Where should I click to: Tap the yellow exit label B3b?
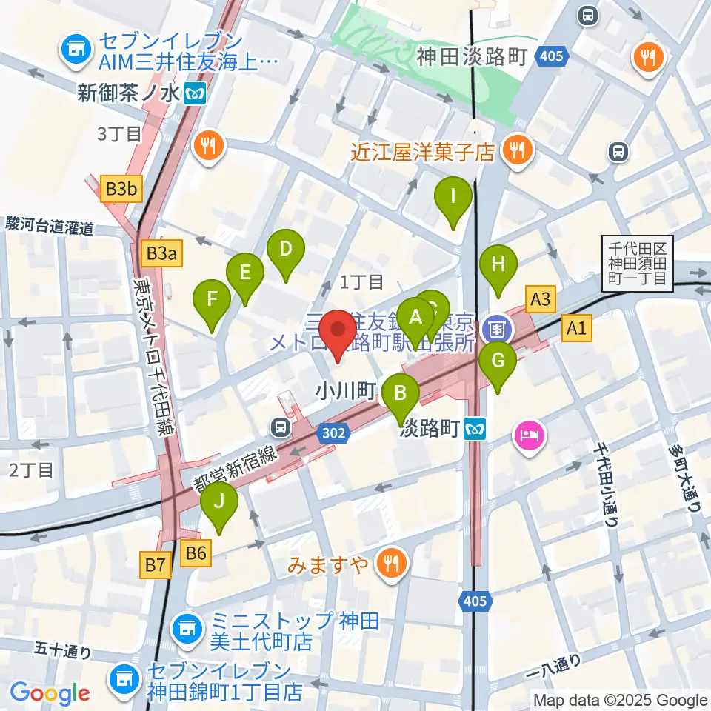[x=121, y=190]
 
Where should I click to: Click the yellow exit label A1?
[x=577, y=328]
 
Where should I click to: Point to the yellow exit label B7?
[x=156, y=567]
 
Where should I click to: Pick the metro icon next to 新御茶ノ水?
[x=196, y=93]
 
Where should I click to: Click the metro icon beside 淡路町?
[x=475, y=428]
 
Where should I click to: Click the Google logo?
[x=50, y=693]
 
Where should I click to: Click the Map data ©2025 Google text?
[x=621, y=700]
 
